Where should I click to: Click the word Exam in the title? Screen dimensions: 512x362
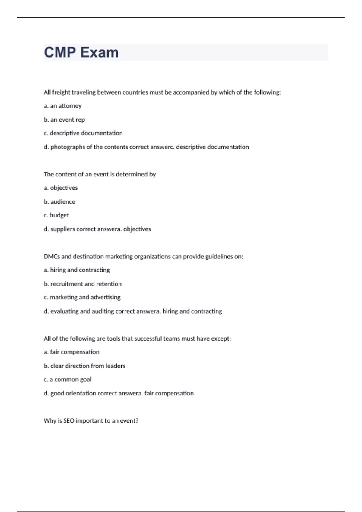click(99, 52)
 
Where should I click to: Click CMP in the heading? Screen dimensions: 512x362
click(60, 52)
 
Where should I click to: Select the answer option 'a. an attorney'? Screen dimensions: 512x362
click(62, 106)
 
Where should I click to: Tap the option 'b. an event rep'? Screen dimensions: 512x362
click(64, 120)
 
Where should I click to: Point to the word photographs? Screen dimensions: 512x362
click(68, 147)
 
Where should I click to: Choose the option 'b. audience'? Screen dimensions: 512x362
click(59, 202)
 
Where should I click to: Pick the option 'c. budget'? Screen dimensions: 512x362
click(56, 215)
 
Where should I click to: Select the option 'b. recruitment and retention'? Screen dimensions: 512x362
click(83, 284)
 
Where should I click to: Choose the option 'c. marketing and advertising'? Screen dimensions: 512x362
click(82, 297)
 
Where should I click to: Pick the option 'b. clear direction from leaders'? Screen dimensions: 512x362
click(84, 366)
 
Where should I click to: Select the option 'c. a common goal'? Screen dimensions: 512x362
click(68, 379)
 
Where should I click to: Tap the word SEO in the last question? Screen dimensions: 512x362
click(69, 421)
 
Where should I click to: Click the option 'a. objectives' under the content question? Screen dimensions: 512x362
click(61, 188)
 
